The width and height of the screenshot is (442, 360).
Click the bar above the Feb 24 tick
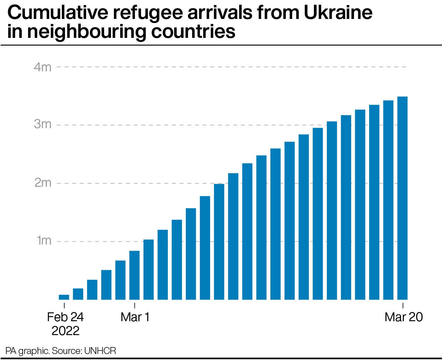(64, 297)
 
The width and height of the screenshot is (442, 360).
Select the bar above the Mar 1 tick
(135, 275)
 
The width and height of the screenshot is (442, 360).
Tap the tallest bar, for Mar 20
(402, 198)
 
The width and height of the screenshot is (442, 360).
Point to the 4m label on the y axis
(42, 67)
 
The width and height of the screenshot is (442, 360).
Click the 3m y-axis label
(42, 125)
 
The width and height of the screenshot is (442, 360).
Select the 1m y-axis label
(44, 241)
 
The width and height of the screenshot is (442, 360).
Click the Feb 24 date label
(65, 317)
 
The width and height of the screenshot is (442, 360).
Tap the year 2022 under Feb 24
(65, 331)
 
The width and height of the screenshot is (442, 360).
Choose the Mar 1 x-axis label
(135, 317)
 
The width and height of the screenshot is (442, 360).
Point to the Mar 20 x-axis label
(404, 317)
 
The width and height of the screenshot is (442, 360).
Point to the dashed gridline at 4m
(230, 67)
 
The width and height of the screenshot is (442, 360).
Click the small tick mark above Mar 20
(403, 305)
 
